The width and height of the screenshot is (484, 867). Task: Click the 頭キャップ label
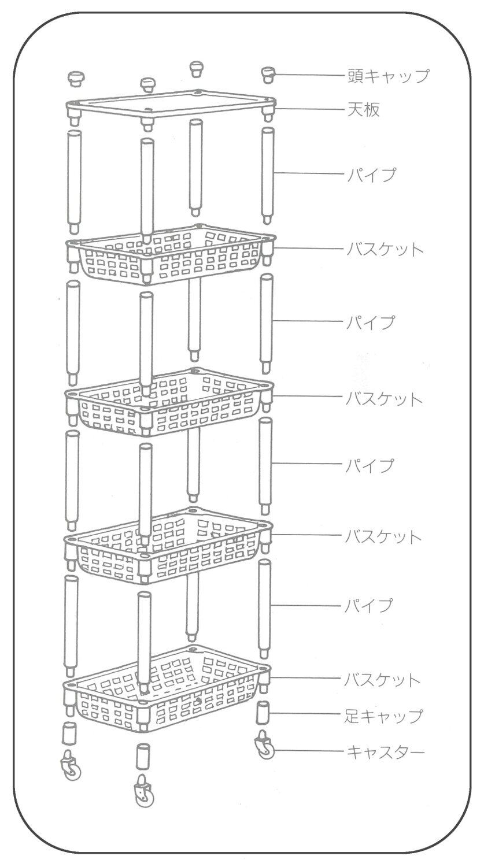[389, 76]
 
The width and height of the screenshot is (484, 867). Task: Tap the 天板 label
[364, 109]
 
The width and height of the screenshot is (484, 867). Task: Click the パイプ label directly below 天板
[371, 174]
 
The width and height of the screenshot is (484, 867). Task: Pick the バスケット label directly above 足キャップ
[382, 680]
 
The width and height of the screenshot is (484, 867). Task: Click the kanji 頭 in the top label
[356, 76]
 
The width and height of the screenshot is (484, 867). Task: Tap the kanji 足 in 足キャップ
[353, 716]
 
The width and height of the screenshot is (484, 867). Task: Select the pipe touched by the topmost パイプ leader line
[267, 173]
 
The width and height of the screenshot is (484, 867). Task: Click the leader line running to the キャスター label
[306, 751]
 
